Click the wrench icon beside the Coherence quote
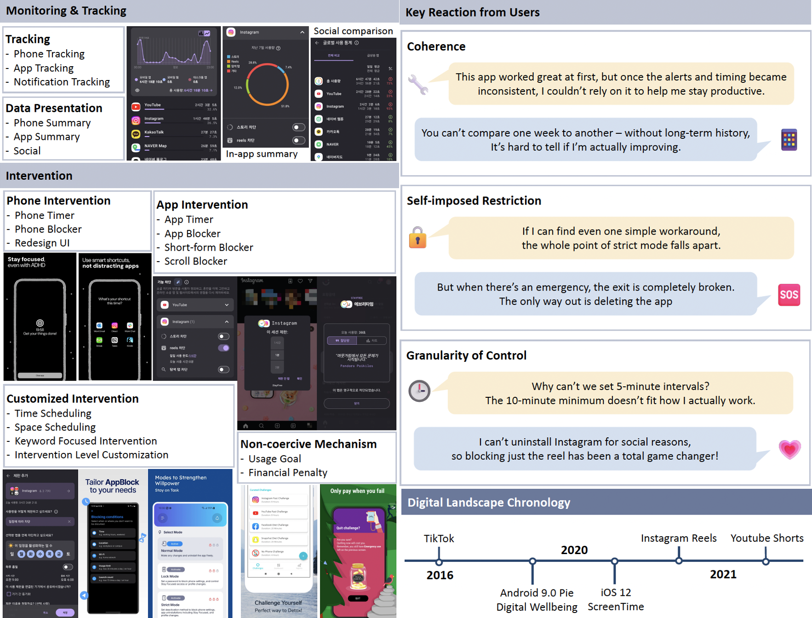pos(418,84)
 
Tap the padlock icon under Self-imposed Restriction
pos(417,238)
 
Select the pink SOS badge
pos(789,295)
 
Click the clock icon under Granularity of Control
pos(419,391)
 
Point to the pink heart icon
pos(789,449)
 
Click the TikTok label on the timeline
pos(439,538)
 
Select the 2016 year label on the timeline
pos(440,575)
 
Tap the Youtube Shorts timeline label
pos(766,538)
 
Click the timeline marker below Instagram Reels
pos(679,561)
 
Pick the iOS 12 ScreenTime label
pos(616,600)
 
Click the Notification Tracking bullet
pos(62,82)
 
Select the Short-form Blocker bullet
pos(209,247)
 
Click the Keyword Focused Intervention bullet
pos(86,441)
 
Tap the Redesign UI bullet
pos(42,243)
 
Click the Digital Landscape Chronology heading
pos(489,503)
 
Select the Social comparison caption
pos(353,31)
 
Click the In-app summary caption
pos(262,154)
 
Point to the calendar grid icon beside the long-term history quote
pos(789,140)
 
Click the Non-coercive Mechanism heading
pos(309,444)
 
